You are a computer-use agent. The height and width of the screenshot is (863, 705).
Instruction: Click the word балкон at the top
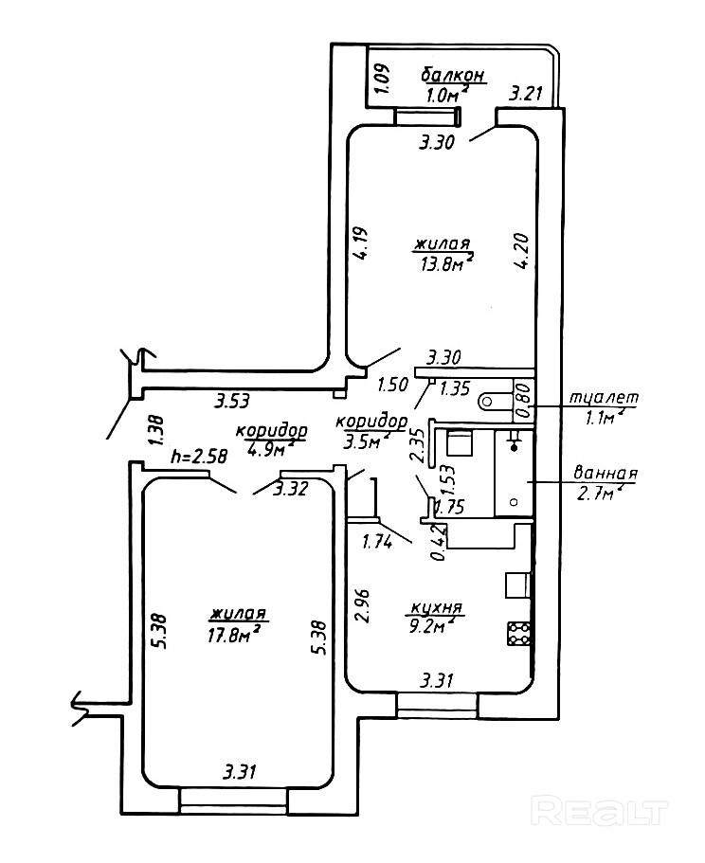[454, 74]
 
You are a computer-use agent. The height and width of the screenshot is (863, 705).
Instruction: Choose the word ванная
[606, 474]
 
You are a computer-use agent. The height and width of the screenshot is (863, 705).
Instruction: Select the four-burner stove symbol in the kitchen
[520, 633]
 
